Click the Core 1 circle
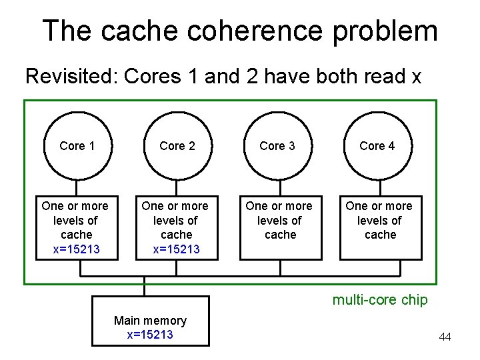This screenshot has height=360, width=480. click(x=77, y=146)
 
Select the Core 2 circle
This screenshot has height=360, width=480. click(x=177, y=146)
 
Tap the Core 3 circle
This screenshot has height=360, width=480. click(x=277, y=146)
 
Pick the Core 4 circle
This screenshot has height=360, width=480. click(x=377, y=146)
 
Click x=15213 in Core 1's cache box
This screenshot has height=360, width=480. click(x=76, y=249)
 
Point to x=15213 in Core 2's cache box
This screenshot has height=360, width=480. click(x=177, y=249)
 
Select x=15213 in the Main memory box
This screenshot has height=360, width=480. click(x=150, y=335)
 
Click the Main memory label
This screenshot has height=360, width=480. click(x=150, y=321)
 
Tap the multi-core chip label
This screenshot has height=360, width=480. click(x=380, y=300)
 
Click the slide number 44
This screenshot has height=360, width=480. click(x=445, y=337)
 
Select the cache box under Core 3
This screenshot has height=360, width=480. click(x=280, y=227)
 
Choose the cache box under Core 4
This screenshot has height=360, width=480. click(x=380, y=227)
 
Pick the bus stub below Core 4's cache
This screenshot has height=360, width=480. click(x=381, y=268)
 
